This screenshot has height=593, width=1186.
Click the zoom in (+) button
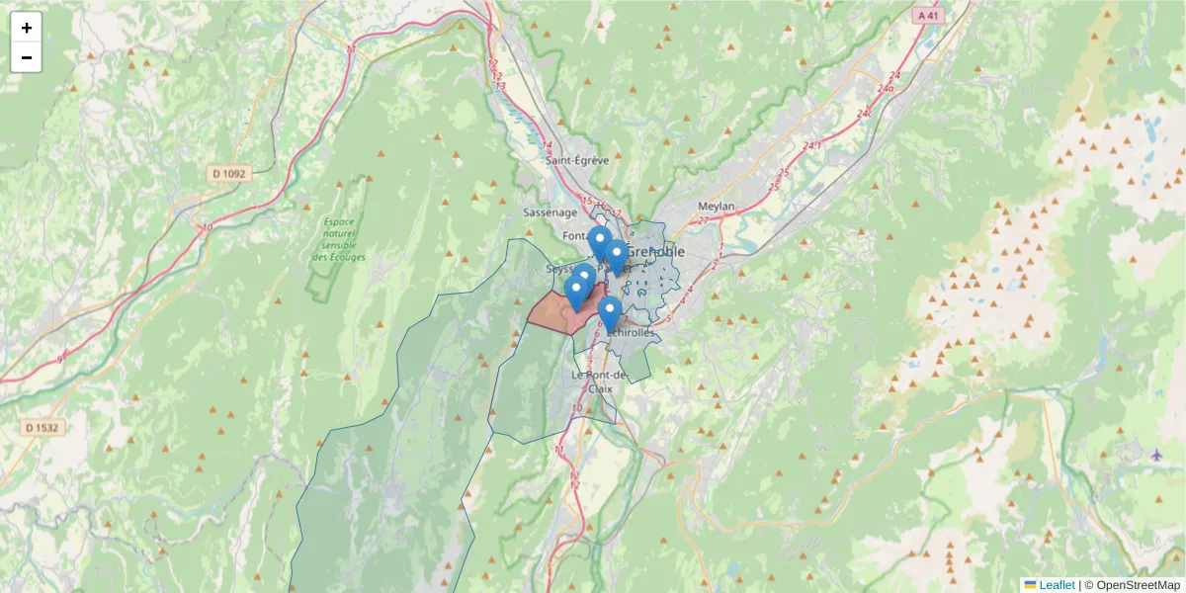coord(27,28)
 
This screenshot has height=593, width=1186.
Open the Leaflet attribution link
coord(1057,585)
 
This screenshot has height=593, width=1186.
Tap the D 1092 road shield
coord(229,174)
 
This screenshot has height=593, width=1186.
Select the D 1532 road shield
coord(40,427)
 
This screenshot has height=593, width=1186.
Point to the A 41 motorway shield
coord(926,16)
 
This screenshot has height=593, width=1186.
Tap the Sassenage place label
coord(549,212)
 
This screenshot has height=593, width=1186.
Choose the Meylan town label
coord(717,207)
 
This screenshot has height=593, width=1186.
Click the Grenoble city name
coord(655,251)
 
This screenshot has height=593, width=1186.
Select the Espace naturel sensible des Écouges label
coord(338,240)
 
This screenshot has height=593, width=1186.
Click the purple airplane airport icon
coord(1156,455)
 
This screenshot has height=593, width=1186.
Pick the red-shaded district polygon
coord(553,311)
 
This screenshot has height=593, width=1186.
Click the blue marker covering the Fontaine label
coord(598,241)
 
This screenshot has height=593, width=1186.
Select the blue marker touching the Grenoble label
coord(616,256)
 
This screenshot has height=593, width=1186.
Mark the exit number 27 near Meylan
coord(704,220)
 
